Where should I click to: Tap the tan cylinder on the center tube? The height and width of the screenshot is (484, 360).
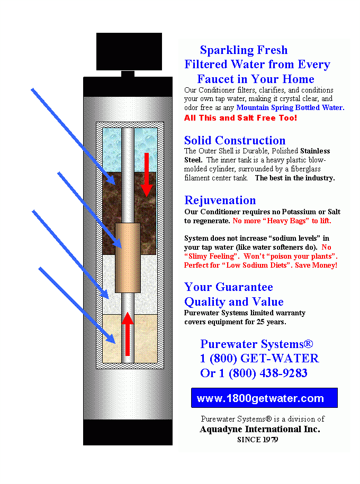(x=128, y=258)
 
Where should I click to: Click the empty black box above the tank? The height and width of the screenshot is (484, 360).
(x=129, y=51)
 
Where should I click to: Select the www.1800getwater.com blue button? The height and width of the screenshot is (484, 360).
(x=264, y=398)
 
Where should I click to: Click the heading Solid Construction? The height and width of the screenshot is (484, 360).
(x=235, y=140)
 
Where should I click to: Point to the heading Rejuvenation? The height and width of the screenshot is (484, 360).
(x=220, y=200)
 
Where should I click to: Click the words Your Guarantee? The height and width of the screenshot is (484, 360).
(x=228, y=287)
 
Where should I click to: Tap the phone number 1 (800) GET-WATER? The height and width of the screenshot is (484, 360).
(x=259, y=359)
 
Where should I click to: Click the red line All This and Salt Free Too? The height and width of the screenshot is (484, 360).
(x=240, y=117)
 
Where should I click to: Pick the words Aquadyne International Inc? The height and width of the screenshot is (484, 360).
(x=260, y=429)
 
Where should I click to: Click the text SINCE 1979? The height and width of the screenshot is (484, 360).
(x=257, y=440)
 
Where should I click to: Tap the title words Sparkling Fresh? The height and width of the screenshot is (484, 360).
(x=244, y=50)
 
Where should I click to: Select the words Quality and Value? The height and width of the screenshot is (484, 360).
(x=233, y=302)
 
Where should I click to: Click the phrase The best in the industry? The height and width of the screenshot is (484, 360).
(x=295, y=178)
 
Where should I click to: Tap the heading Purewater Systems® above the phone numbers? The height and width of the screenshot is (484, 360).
(x=256, y=344)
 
